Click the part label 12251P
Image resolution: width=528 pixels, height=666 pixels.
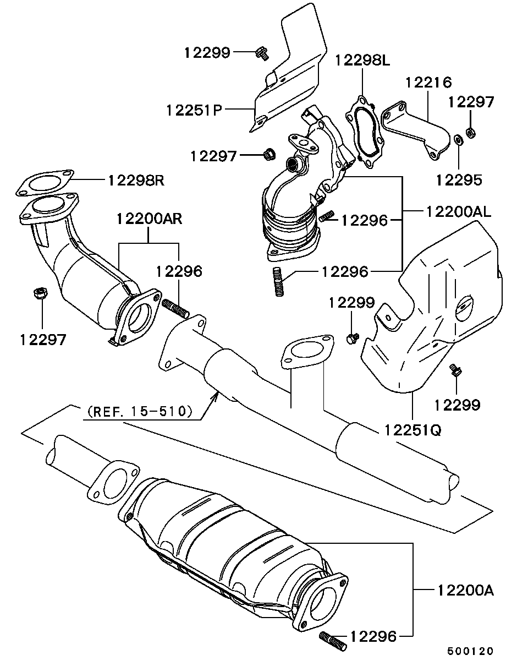pyautogui.click(x=194, y=110)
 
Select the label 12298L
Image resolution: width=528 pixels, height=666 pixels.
pyautogui.click(x=362, y=60)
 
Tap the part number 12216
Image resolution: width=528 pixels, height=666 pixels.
pyautogui.click(x=428, y=83)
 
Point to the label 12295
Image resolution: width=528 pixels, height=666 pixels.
pyautogui.click(x=459, y=179)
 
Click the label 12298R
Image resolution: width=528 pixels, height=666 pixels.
pyautogui.click(x=136, y=179)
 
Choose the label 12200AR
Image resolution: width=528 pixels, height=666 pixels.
pyautogui.click(x=149, y=219)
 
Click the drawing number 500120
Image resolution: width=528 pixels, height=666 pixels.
pyautogui.click(x=470, y=651)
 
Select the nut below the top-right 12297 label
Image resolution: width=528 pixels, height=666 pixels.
pyautogui.click(x=471, y=132)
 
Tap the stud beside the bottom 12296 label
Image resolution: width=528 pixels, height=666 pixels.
pyautogui.click(x=332, y=641)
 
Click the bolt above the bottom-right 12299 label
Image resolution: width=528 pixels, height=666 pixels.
pyautogui.click(x=455, y=370)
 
